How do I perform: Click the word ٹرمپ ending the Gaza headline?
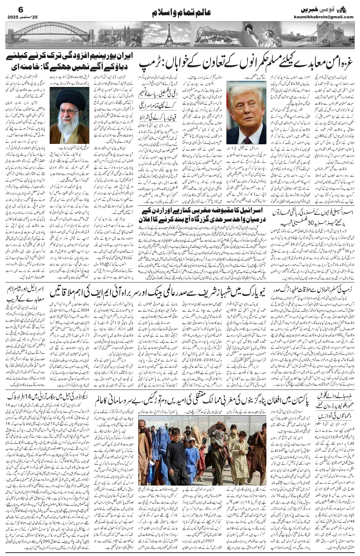click(x=150, y=61)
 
